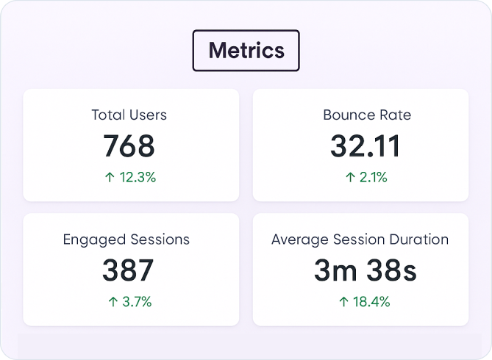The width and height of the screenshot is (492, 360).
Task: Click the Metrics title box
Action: pos(246,51)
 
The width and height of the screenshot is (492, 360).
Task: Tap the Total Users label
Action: pos(129,115)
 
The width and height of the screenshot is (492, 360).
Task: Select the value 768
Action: pos(129,146)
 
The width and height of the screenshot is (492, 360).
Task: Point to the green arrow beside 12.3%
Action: pos(110,177)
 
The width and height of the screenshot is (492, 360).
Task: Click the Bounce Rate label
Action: pos(366,115)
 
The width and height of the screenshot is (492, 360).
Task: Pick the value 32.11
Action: pos(366,146)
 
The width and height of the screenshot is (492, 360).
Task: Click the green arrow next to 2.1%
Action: pos(350,177)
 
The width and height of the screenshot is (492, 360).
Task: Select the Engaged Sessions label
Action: pos(126,240)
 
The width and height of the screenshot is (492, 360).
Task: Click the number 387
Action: pos(128,271)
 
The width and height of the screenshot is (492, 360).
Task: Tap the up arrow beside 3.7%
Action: pos(113,302)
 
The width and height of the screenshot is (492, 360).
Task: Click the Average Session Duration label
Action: pos(360,240)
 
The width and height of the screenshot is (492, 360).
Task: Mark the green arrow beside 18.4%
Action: pos(343,302)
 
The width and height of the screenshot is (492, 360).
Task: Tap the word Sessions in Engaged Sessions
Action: pos(160,240)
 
